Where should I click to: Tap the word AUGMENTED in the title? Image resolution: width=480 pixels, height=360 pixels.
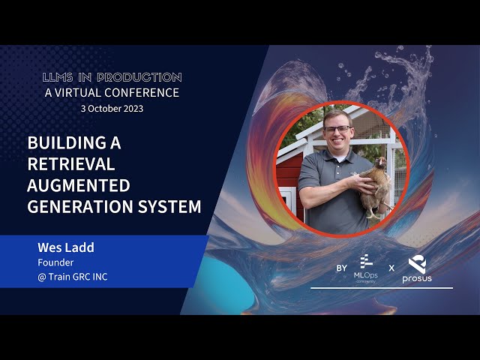tap(79, 185)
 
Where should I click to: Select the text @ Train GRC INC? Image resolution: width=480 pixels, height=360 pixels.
tap(73, 277)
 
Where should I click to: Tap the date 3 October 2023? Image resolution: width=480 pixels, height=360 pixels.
tap(112, 108)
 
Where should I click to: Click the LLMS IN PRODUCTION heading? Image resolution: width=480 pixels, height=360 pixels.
tap(112, 77)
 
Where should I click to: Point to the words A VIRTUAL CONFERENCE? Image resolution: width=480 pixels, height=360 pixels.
tap(112, 93)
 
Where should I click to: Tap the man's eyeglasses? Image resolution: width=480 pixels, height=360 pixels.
tap(337, 129)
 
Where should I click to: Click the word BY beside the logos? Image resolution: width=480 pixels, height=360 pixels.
tap(342, 268)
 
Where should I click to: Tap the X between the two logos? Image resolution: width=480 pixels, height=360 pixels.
tap(391, 268)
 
